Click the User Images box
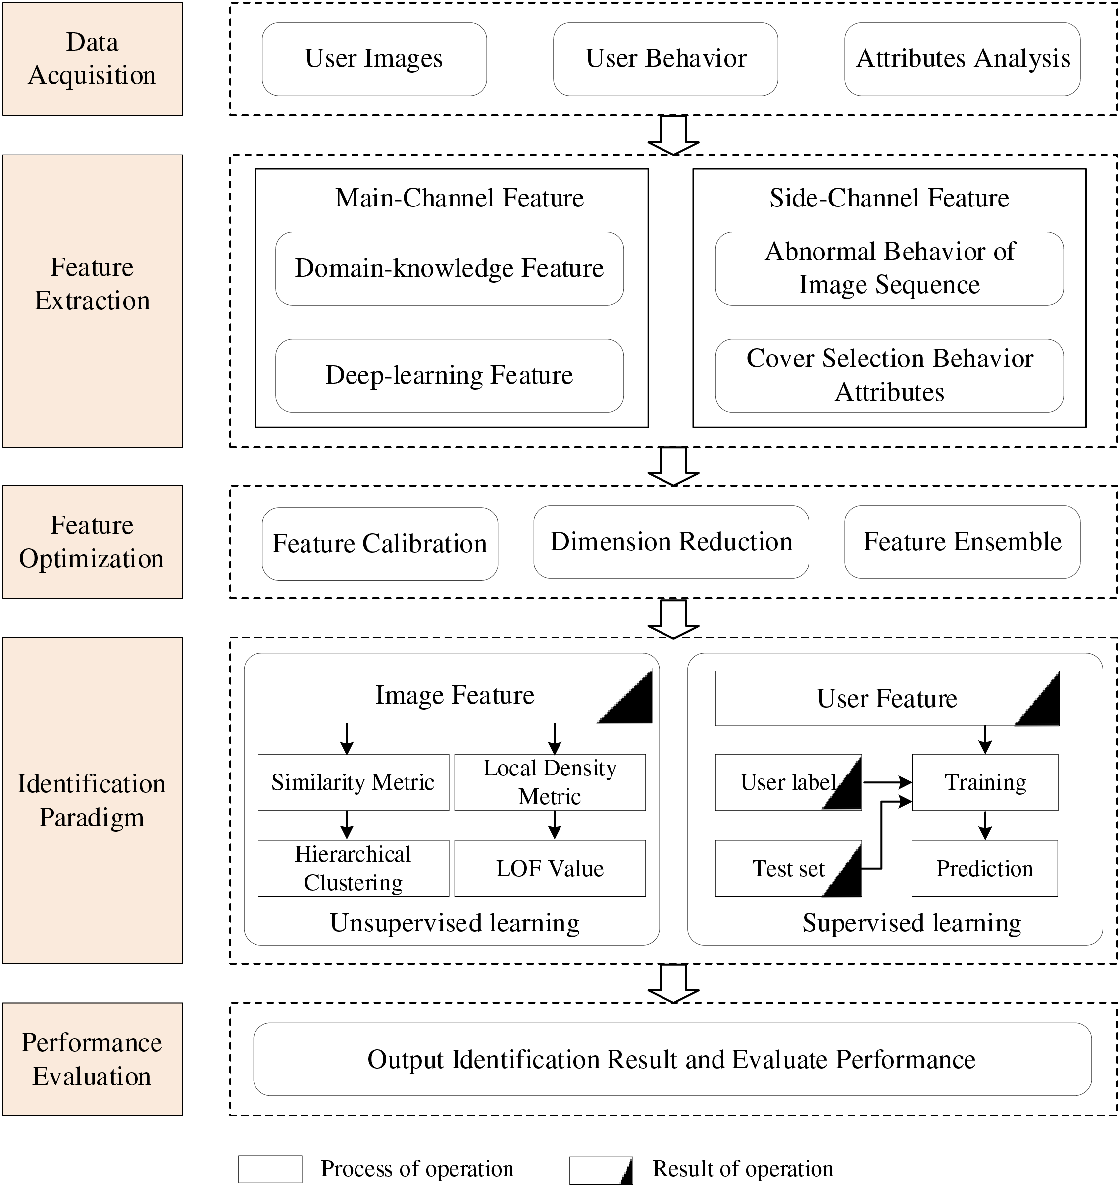pyautogui.click(x=374, y=59)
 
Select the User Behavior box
pyautogui.click(x=665, y=59)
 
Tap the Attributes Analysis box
pyautogui.click(x=963, y=59)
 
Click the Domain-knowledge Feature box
pyautogui.click(x=450, y=269)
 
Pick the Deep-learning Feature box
pyautogui.click(x=450, y=375)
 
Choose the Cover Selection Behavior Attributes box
pyautogui.click(x=890, y=375)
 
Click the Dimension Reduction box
pyautogui.click(x=671, y=542)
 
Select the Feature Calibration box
pyautogui.click(x=380, y=544)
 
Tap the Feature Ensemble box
pyautogui.click(x=963, y=542)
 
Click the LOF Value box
pyautogui.click(x=550, y=868)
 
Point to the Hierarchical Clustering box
pyautogui.click(x=354, y=868)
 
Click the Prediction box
pyautogui.click(x=984, y=868)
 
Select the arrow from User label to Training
pyautogui.click(x=887, y=782)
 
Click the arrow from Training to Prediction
pyautogui.click(x=985, y=825)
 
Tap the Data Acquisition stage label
pyautogui.click(x=93, y=59)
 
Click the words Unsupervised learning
pyautogui.click(x=455, y=923)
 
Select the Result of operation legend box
pyautogui.click(x=601, y=1170)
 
